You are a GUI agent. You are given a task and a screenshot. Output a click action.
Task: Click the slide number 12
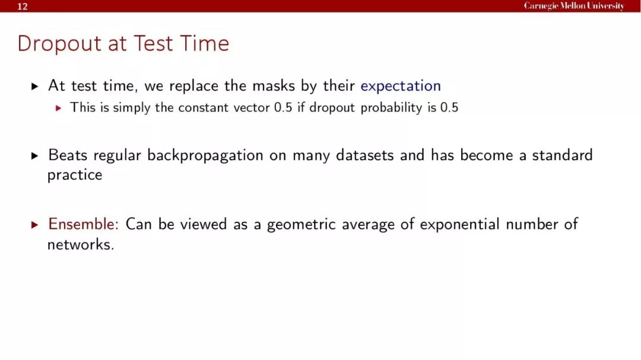point(23,7)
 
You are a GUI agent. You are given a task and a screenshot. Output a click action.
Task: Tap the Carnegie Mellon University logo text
point(574,6)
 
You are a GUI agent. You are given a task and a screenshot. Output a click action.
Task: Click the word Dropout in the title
point(59,44)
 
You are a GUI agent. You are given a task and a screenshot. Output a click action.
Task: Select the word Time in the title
point(204,43)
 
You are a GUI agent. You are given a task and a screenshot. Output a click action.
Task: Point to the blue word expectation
point(401,86)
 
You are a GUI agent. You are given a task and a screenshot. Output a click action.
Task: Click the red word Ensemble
point(81,224)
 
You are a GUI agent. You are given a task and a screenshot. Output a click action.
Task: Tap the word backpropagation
point(205,156)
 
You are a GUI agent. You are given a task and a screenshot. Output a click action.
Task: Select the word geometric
point(302,225)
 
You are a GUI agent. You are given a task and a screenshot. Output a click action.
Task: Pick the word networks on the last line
point(79,244)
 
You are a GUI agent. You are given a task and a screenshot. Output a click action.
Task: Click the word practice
point(75,176)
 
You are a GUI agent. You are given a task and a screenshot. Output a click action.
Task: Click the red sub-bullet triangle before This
point(58,109)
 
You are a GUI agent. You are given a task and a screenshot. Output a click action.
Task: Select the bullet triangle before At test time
point(35,86)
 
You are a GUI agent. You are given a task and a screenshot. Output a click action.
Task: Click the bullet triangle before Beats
point(35,156)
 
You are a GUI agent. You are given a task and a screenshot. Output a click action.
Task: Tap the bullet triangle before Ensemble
point(35,225)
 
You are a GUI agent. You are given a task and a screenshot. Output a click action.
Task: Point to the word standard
point(562,155)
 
